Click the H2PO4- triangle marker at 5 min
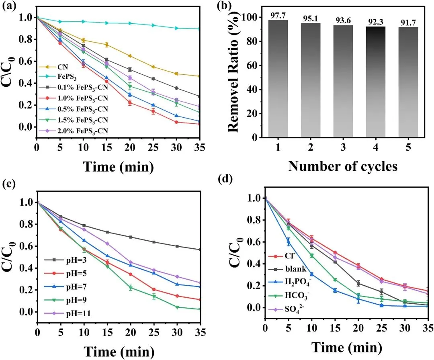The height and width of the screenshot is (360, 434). tap(288, 242)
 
